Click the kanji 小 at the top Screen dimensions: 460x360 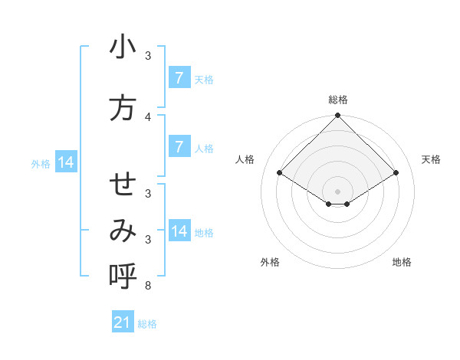[x=123, y=48]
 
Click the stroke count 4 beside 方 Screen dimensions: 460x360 [x=148, y=116]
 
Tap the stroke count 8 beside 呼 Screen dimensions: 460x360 [x=148, y=286]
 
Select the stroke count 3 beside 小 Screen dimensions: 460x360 [x=148, y=56]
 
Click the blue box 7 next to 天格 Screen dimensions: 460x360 [x=179, y=78]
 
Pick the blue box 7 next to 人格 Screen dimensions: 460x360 [x=179, y=146]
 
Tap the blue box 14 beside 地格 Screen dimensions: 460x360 [x=179, y=231]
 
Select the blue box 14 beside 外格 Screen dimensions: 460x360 [x=65, y=162]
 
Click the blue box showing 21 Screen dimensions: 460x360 [x=123, y=323]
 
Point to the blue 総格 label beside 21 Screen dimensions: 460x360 [x=148, y=324]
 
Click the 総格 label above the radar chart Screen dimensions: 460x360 [x=337, y=100]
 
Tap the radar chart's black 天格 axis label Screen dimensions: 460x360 [x=431, y=159]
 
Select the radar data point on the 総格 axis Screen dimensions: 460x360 [x=337, y=116]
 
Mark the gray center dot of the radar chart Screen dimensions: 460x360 [x=337, y=191]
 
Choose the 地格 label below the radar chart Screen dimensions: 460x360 [x=402, y=262]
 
